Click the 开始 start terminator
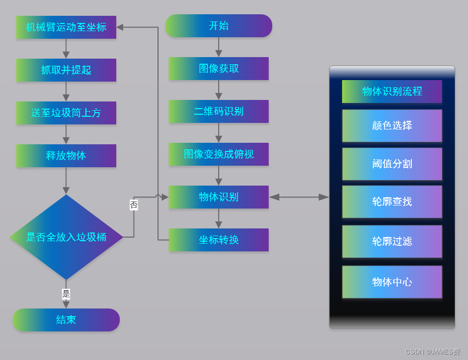218,26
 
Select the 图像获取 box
219,68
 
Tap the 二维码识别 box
219,111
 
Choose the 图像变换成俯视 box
219,154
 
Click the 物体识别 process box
219,197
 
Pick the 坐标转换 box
219,240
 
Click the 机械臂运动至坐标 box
66,27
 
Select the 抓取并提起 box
66,70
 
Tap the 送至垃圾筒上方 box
66,113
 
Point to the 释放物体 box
66,156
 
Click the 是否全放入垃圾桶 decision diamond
66,237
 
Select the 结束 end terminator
66,320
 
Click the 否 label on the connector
134,205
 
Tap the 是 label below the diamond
66,294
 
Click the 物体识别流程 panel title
392,91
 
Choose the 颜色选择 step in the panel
392,125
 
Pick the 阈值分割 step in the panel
392,164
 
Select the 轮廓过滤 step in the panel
392,241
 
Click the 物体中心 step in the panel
392,282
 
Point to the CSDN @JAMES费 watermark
432,352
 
